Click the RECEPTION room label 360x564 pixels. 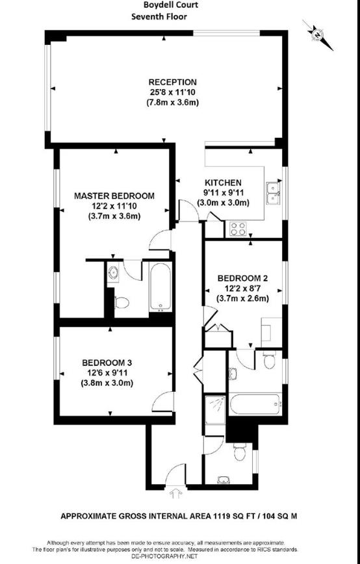[172, 83]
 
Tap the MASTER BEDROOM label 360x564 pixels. [114, 196]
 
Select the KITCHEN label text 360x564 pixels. [223, 183]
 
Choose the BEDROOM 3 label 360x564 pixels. [107, 363]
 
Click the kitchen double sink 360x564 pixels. [273, 194]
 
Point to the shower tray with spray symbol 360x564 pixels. [213, 409]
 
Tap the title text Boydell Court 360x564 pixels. [171, 5]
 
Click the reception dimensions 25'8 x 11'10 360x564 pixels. [172, 92]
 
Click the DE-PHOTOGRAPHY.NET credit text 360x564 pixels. [164, 557]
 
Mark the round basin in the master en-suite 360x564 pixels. [114, 273]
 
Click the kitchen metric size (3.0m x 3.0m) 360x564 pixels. [223, 202]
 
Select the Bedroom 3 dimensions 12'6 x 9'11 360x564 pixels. [107, 373]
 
